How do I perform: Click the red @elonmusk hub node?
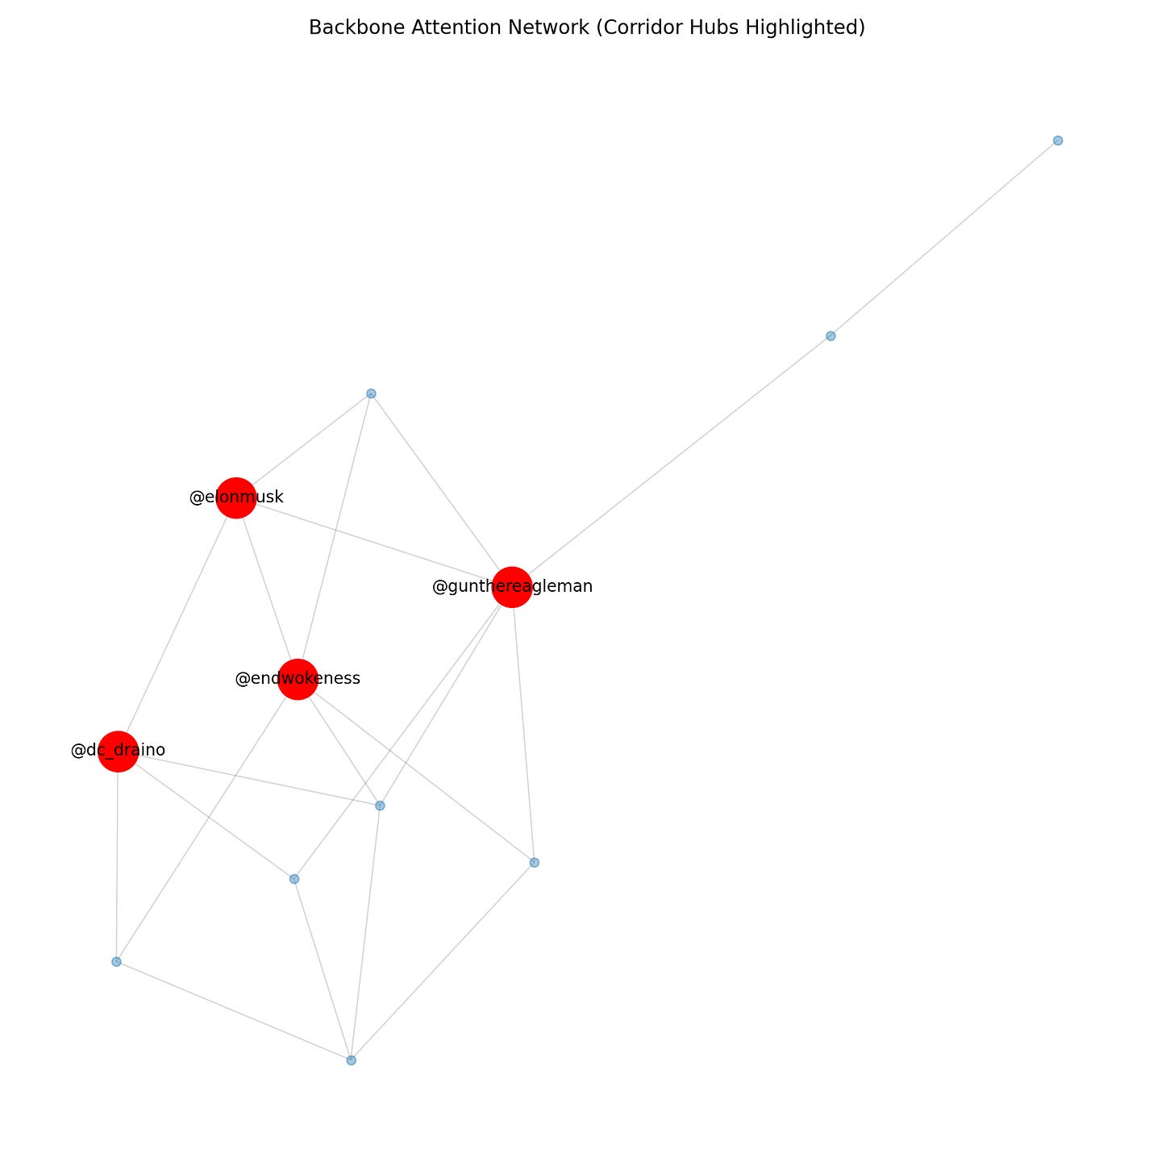[235, 497]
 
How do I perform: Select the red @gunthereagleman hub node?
[512, 586]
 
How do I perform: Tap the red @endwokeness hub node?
[298, 679]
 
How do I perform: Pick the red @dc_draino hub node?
[118, 751]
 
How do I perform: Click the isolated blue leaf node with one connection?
[1058, 140]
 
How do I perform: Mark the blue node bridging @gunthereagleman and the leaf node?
[831, 336]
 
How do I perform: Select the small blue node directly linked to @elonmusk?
[371, 393]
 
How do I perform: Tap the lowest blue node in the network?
[351, 1060]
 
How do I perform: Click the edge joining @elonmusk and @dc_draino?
[177, 625]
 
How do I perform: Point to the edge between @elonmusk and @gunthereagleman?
[373, 542]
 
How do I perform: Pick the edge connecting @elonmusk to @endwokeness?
[266, 588]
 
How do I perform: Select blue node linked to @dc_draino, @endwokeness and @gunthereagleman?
[380, 806]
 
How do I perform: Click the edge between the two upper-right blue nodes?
[944, 238]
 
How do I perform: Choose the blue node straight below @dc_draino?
[116, 962]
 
